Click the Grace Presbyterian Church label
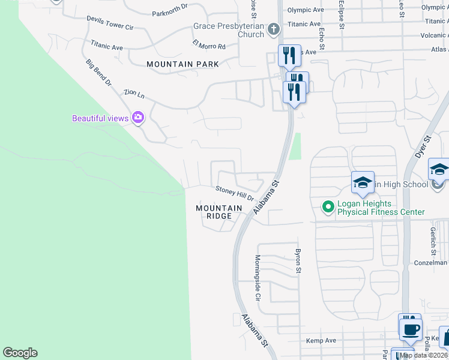tap(229, 30)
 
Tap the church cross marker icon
tap(273, 29)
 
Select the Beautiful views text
tap(100, 118)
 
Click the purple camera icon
tap(139, 118)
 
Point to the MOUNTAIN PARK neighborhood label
tap(182, 64)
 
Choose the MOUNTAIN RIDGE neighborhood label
tap(218, 212)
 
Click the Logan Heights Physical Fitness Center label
tap(381, 208)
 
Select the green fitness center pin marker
tap(328, 208)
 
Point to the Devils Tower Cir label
tap(110, 23)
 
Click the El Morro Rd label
tap(209, 45)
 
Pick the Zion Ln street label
tap(134, 94)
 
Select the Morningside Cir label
tap(258, 277)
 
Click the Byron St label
tap(297, 260)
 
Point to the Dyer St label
tap(423, 146)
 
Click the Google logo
tap(20, 353)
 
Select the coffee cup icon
tap(411, 329)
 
